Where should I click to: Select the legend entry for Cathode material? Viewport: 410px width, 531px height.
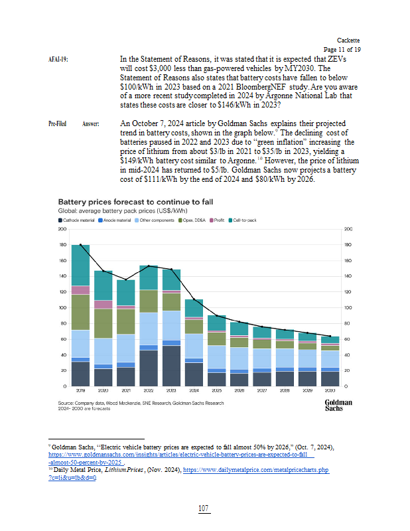point(77,220)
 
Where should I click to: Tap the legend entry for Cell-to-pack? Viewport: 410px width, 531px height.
point(244,220)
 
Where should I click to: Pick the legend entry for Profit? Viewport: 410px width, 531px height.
point(218,220)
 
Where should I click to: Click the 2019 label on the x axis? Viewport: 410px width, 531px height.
point(80,392)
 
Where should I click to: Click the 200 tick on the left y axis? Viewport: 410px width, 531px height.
point(62,229)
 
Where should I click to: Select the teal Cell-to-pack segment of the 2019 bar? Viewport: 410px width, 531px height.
point(80,265)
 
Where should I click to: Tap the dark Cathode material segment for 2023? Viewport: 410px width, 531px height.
point(172,365)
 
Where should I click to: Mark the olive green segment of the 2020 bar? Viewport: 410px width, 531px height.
point(103,323)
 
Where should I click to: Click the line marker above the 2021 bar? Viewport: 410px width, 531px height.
point(126,280)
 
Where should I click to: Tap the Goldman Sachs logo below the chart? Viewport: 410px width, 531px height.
point(338,405)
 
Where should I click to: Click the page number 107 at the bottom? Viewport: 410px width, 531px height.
point(204,508)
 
